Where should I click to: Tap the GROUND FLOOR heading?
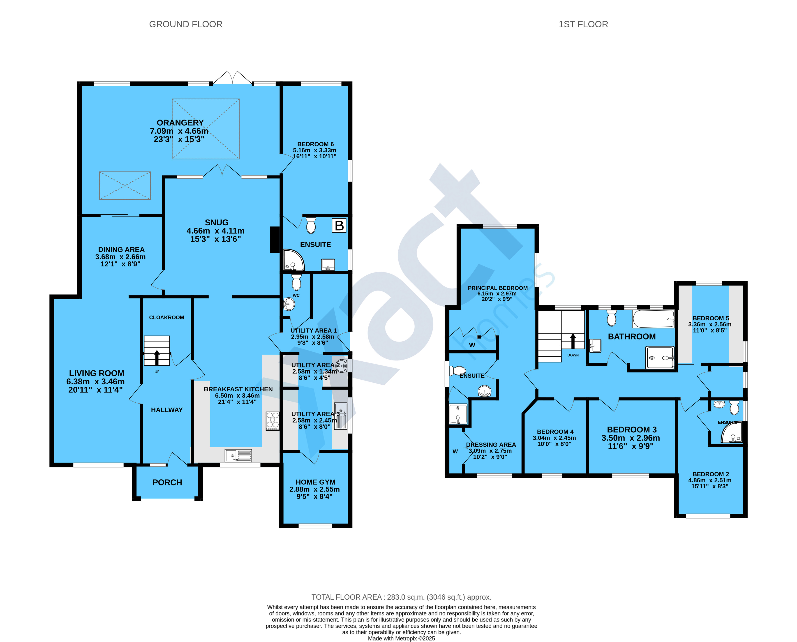pos(186,24)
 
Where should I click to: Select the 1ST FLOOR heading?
pos(583,24)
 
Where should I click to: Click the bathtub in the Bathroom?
pos(654,319)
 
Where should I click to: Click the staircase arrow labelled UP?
pos(157,357)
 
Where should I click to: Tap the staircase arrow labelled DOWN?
pos(573,341)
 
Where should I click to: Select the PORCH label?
pos(167,482)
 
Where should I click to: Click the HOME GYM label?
pos(315,482)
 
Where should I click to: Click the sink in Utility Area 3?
pos(341,416)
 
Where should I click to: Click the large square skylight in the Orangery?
pos(206,129)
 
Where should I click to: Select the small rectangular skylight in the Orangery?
pos(125,186)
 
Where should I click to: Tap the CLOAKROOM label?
pos(166,317)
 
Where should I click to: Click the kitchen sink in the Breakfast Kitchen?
pos(238,455)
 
